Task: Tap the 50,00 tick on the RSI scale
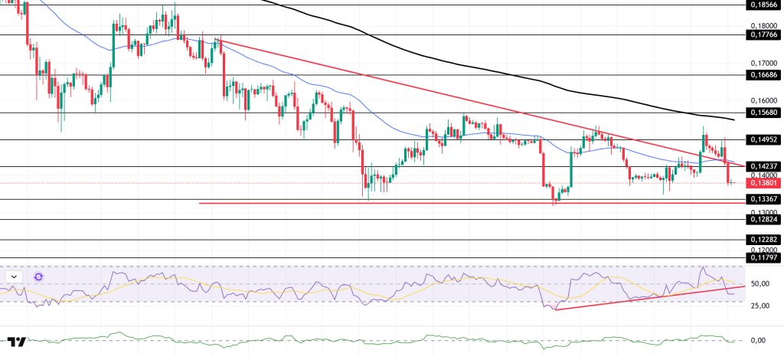[x=759, y=283]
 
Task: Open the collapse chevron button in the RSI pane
[x=15, y=277]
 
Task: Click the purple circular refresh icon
[x=38, y=277]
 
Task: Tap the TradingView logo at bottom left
[x=17, y=342]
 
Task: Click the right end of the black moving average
[x=733, y=120]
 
